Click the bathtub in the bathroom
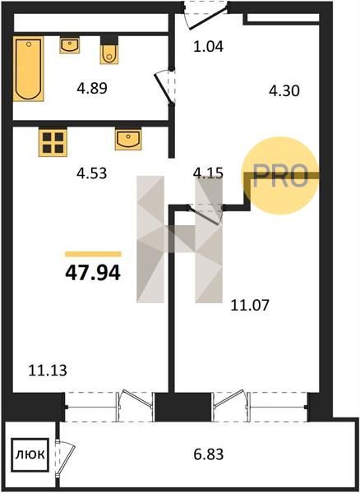(28, 69)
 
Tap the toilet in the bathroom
(109, 50)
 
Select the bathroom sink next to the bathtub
(70, 45)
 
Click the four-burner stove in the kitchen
(53, 142)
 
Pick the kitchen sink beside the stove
(128, 139)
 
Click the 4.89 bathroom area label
(92, 88)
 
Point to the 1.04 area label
(209, 47)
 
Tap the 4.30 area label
(284, 91)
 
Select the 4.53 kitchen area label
(92, 173)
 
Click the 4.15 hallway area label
(209, 173)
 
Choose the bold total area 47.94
(93, 273)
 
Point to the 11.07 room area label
(250, 305)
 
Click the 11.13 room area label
(48, 371)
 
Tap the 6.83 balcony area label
(209, 454)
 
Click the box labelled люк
(30, 454)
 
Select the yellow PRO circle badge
(281, 176)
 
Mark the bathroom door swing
(164, 87)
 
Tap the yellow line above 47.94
(93, 254)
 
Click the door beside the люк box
(66, 456)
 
